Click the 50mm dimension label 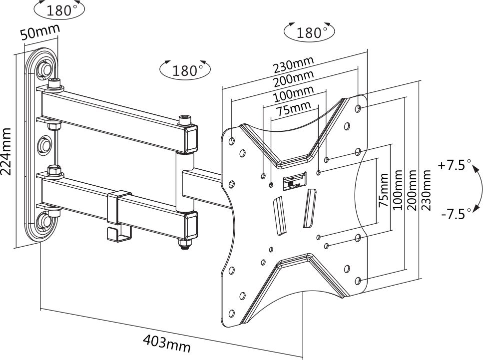pos(39,33)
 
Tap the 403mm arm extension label pos(166,343)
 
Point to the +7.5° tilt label pos(455,165)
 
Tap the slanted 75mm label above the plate pos(294,109)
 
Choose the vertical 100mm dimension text pos(398,190)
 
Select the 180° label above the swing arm pos(185,70)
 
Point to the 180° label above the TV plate pos(309,32)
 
